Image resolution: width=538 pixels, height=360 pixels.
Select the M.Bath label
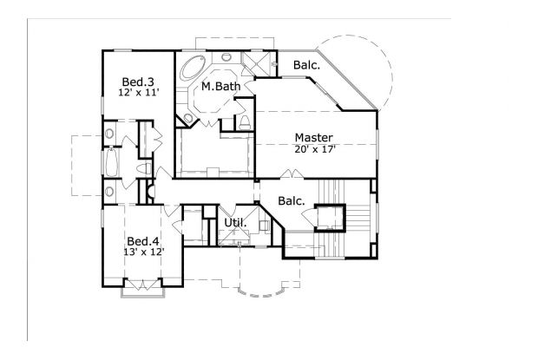click(x=221, y=87)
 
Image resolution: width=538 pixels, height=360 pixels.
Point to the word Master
click(x=313, y=137)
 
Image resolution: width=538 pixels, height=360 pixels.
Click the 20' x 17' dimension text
click(x=313, y=149)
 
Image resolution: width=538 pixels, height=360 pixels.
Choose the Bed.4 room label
click(x=143, y=240)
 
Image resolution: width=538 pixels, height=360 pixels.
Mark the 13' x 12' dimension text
click(x=143, y=252)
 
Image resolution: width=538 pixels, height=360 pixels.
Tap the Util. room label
click(x=235, y=223)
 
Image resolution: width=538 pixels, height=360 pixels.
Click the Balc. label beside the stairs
click(x=292, y=201)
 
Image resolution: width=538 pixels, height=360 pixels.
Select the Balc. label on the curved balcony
click(x=305, y=65)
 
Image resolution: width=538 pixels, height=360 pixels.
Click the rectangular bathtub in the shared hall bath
click(x=110, y=161)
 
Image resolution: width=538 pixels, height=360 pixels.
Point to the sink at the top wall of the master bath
click(x=227, y=57)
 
